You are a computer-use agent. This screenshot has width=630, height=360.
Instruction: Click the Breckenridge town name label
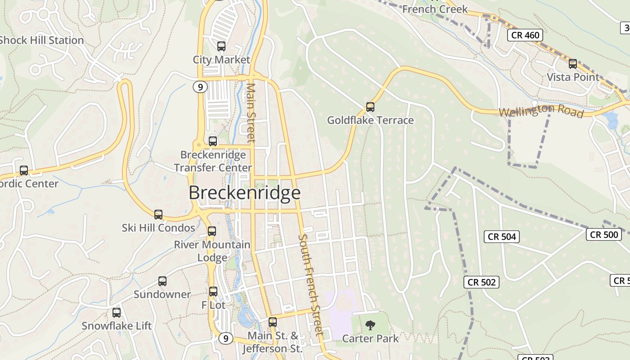pyautogui.click(x=244, y=193)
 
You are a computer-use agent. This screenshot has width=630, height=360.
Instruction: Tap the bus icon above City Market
pyautogui.click(x=221, y=46)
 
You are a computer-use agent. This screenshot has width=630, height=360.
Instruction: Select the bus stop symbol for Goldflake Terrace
pyautogui.click(x=370, y=107)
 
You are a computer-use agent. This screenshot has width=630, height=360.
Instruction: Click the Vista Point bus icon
pyautogui.click(x=573, y=64)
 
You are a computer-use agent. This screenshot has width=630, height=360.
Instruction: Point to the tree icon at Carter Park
pyautogui.click(x=370, y=325)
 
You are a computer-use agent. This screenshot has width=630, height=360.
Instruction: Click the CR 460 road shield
pyautogui.click(x=525, y=35)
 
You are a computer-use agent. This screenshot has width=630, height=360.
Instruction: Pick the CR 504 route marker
pyautogui.click(x=502, y=237)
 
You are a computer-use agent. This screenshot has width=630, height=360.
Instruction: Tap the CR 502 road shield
pyautogui.click(x=481, y=282)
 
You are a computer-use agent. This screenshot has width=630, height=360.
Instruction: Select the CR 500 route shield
pyautogui.click(x=604, y=234)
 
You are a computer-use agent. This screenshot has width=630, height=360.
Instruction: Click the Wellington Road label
pyautogui.click(x=541, y=111)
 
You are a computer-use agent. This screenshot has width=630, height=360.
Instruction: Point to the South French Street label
pyautogui.click(x=311, y=284)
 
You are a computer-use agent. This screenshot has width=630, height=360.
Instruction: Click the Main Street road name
pyautogui.click(x=251, y=112)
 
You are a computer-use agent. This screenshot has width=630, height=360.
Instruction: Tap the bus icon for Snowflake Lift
pyautogui.click(x=117, y=312)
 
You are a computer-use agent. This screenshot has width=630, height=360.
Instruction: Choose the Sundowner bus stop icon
pyautogui.click(x=162, y=281)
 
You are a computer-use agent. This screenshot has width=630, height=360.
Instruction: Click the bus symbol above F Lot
pyautogui.click(x=213, y=292)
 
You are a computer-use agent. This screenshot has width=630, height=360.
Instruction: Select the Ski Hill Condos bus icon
pyautogui.click(x=158, y=215)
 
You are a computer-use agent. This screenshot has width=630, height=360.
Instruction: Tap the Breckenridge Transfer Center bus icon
pyautogui.click(x=213, y=141)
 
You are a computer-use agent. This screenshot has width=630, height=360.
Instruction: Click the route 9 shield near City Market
pyautogui.click(x=200, y=87)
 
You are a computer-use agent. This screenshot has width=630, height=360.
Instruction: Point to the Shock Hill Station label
pyautogui.click(x=41, y=40)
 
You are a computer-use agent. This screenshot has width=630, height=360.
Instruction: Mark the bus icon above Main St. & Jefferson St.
pyautogui.click(x=273, y=322)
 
